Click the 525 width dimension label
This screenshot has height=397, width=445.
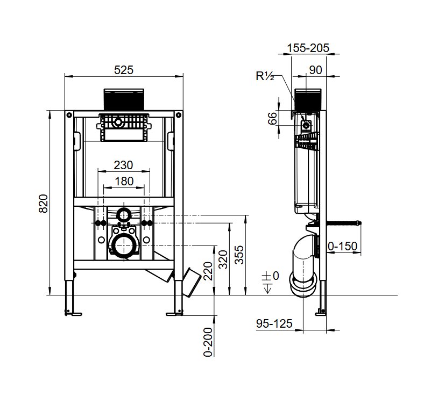(x=124, y=70)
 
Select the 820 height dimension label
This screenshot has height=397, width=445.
(x=44, y=204)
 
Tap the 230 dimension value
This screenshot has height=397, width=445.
(x=123, y=165)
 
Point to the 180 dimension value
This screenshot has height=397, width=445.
(x=124, y=181)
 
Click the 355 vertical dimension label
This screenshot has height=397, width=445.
(x=239, y=255)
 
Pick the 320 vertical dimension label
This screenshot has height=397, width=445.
(x=223, y=259)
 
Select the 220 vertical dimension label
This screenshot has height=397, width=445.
(x=208, y=271)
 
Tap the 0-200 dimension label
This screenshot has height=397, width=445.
(x=208, y=342)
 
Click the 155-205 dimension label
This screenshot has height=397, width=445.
(x=308, y=48)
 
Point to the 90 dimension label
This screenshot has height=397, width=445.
(x=315, y=70)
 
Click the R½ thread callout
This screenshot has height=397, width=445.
(x=265, y=76)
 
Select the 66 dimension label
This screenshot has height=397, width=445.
(x=272, y=118)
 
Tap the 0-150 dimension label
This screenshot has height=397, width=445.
(x=343, y=246)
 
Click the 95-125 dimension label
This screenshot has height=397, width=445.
(x=274, y=323)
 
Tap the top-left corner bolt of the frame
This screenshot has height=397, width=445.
(x=69, y=115)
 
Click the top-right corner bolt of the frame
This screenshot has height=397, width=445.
(x=179, y=115)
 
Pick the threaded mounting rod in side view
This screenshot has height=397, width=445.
(x=344, y=223)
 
